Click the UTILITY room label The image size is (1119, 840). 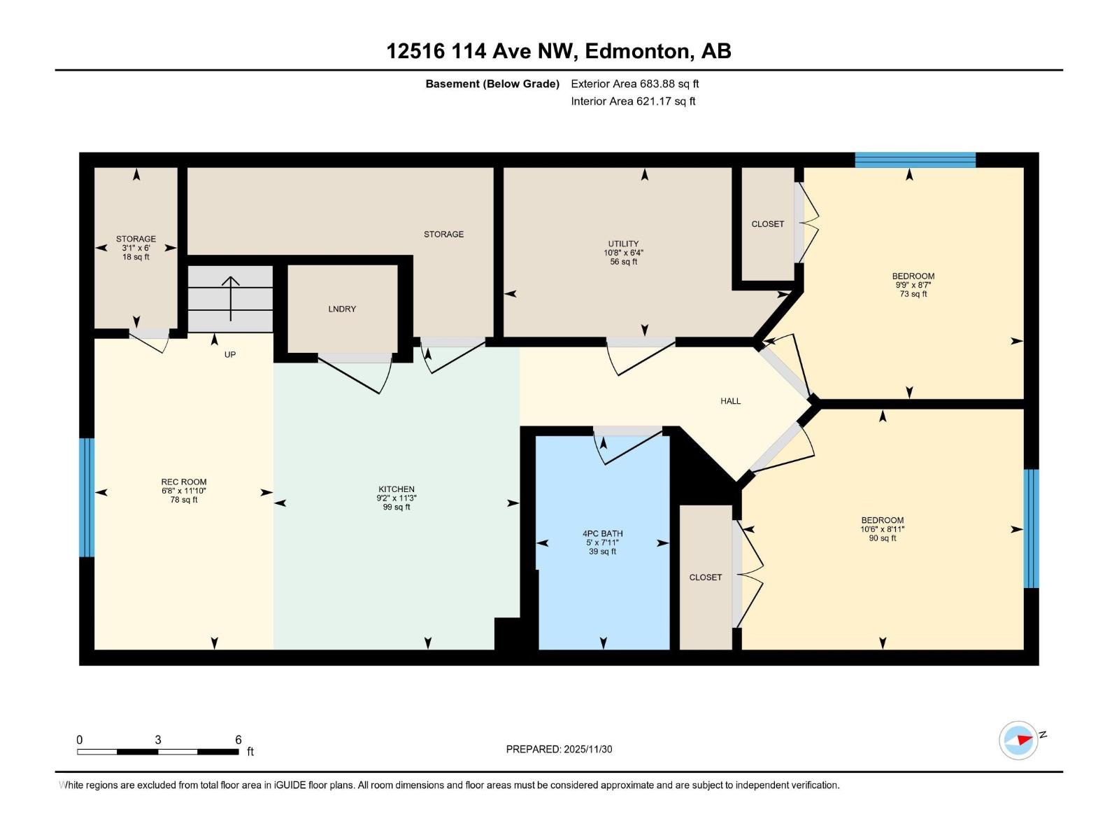622,244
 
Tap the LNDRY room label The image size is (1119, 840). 342,309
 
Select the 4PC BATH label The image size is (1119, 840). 602,533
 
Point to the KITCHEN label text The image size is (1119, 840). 397,489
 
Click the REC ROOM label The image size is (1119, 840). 184,482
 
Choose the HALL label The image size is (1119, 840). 730,401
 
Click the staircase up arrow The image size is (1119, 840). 231,297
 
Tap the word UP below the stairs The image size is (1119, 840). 230,355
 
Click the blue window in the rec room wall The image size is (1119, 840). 87,498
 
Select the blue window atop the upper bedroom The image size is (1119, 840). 915,160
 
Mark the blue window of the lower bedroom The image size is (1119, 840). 1031,528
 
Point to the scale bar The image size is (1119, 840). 158,752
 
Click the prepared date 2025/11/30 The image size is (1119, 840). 587,749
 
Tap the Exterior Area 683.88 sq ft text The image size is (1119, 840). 634,84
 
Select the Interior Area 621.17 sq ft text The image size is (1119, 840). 633,101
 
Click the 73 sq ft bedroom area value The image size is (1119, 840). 913,294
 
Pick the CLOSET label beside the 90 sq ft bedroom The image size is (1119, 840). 705,577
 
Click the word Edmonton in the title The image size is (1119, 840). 637,51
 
